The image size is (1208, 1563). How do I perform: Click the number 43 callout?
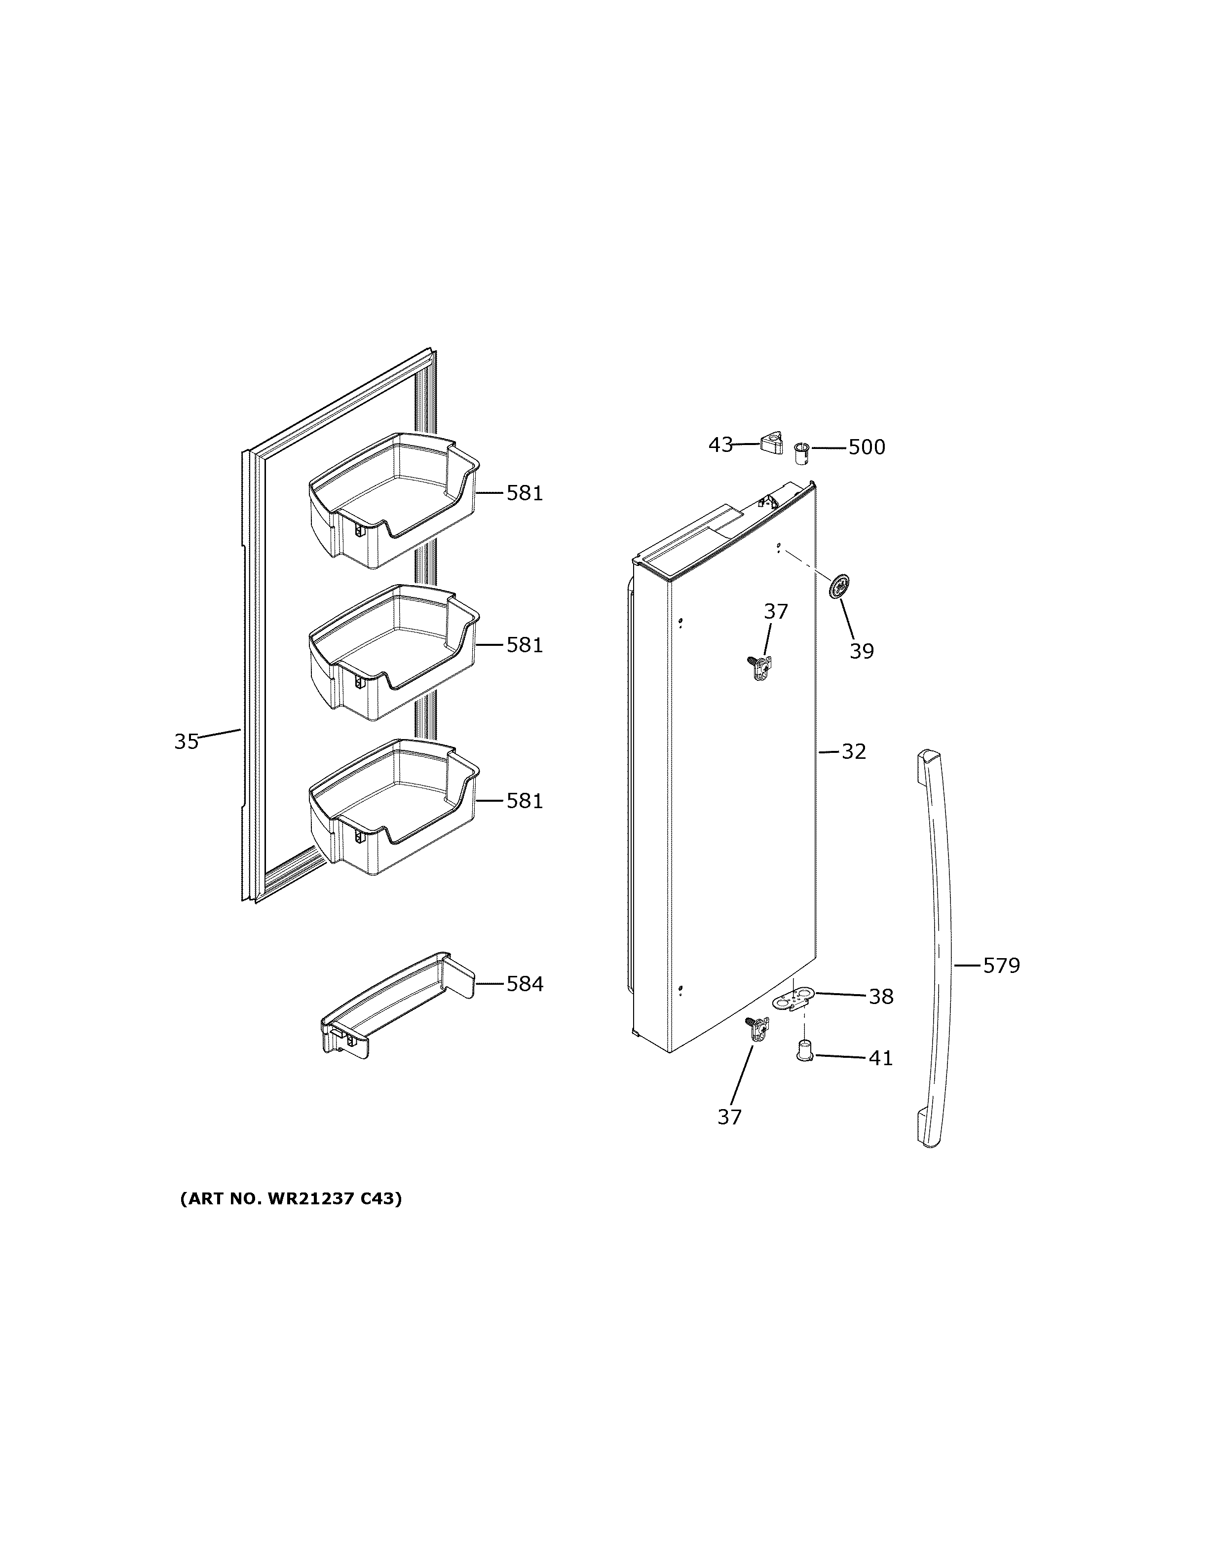(x=720, y=445)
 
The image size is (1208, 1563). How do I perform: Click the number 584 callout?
(x=525, y=984)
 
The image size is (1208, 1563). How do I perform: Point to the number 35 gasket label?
(x=186, y=742)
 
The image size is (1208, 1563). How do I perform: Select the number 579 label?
(x=1001, y=966)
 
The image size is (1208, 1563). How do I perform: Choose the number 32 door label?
(x=853, y=751)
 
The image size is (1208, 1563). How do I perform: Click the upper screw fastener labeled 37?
(x=760, y=667)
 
